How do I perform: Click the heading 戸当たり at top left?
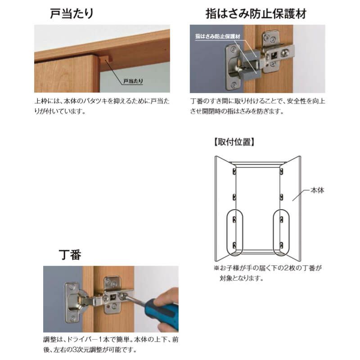point(72,13)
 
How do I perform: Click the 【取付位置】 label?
point(234,142)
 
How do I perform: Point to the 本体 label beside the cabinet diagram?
point(317,190)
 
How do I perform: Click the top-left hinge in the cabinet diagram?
point(234,172)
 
